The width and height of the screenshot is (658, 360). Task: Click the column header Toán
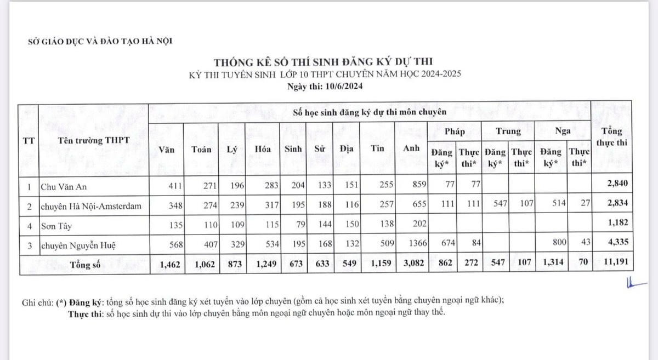coord(202,149)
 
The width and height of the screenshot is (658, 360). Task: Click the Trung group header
coord(508,132)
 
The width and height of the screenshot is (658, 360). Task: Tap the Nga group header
coord(563,132)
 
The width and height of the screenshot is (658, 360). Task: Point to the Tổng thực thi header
coord(611,137)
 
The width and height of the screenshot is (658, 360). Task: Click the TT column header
coord(29,140)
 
